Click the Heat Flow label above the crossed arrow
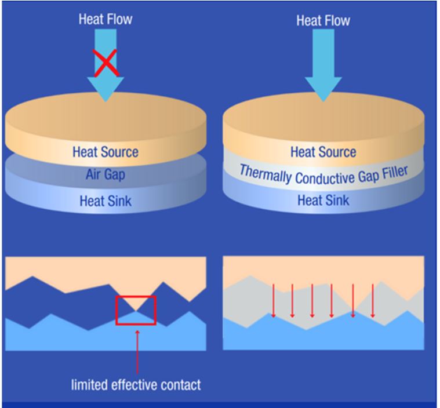(105, 20)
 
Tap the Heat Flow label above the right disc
(323, 21)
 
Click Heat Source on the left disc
(105, 152)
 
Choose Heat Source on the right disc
(323, 152)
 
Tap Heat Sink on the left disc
(105, 201)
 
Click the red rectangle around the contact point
(136, 310)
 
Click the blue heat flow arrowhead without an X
(323, 87)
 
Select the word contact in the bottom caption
(181, 384)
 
